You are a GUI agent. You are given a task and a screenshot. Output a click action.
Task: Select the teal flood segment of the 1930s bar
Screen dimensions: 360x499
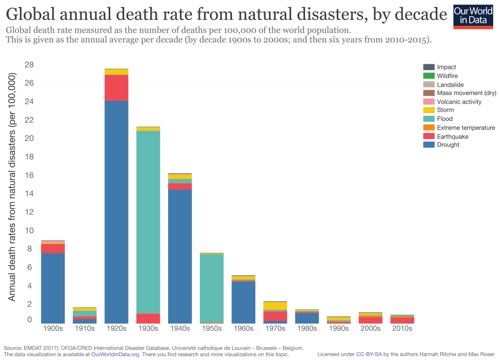coord(148,222)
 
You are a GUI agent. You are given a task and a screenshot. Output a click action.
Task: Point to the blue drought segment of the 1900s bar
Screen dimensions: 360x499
coord(53,288)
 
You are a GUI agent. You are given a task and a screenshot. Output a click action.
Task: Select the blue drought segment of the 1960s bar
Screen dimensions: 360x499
coord(243,302)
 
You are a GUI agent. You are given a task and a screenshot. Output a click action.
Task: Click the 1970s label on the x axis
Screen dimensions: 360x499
coord(275,328)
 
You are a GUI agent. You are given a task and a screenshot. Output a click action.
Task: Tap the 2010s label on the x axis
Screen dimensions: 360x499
coord(402,328)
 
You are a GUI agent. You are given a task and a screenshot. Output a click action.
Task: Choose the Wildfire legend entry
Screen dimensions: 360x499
coord(447,76)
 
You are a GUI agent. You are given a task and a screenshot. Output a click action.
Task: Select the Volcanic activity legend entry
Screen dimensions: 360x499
coord(459,102)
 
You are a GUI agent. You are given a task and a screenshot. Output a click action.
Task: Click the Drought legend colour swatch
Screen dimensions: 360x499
coord(428,145)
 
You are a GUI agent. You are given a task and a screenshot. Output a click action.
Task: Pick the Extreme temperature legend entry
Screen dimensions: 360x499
coord(466,128)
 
